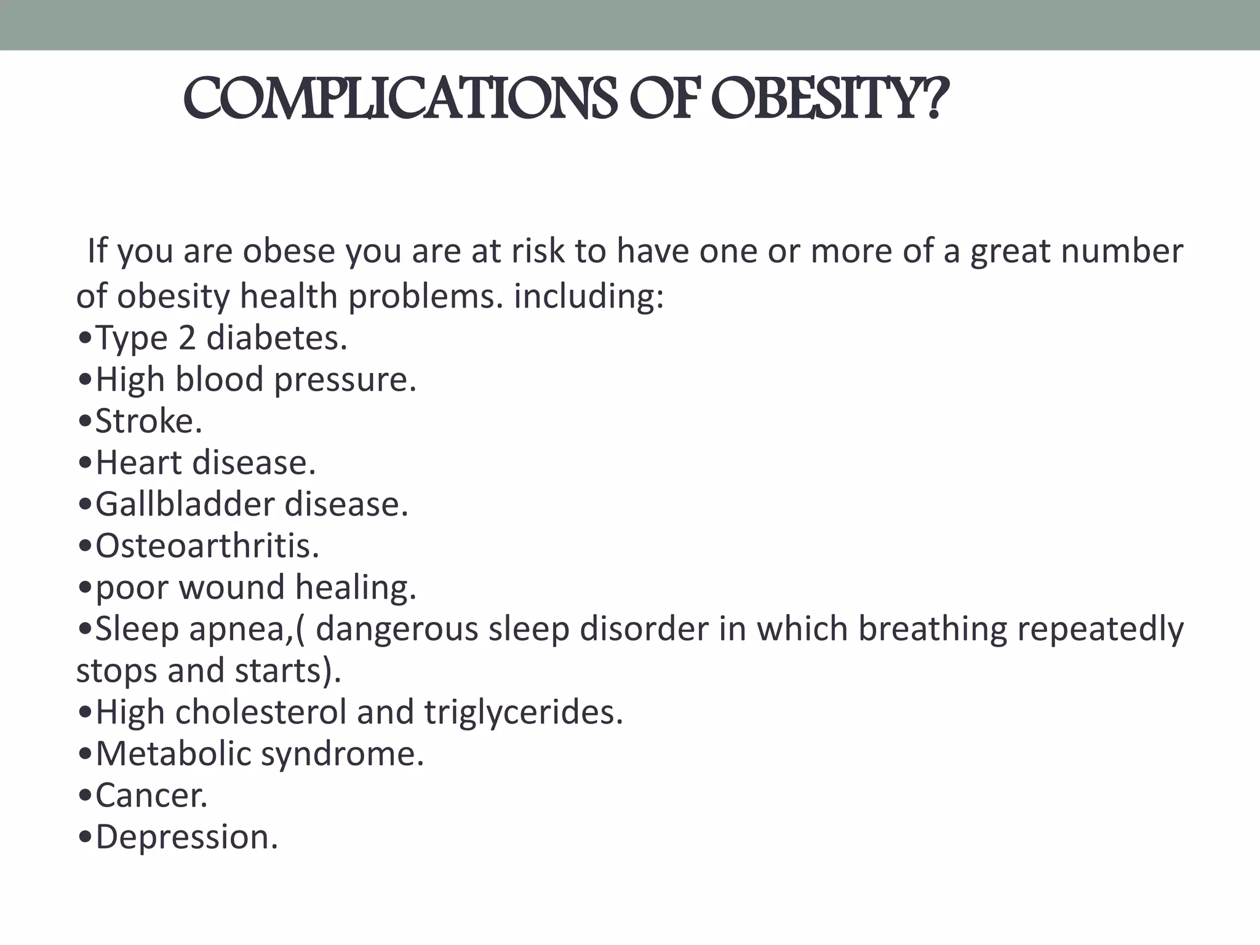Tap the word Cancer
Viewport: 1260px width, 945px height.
click(151, 795)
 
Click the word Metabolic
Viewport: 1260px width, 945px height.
click(173, 754)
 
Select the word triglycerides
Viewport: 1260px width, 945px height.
click(523, 713)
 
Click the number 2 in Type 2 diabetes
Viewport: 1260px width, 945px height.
click(187, 338)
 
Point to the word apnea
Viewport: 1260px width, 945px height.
click(240, 631)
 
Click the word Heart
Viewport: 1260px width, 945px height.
click(138, 463)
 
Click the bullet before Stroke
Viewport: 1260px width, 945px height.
click(86, 423)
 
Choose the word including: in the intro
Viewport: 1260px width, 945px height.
click(589, 297)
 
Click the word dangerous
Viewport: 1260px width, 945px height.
click(397, 631)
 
